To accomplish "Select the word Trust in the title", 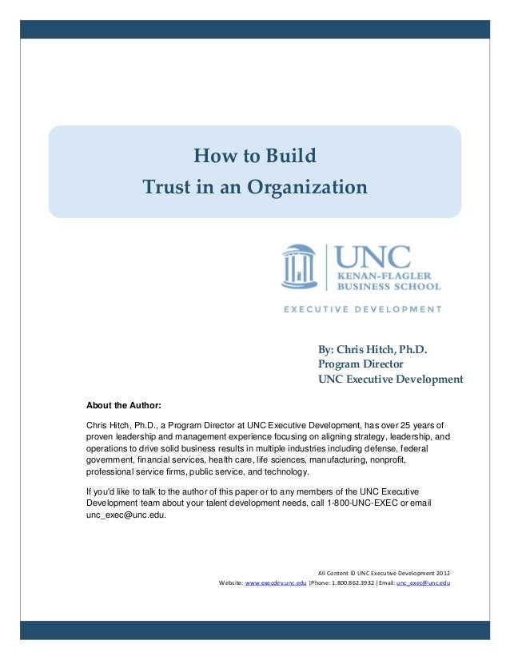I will pos(164,188).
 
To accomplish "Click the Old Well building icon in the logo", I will pos(297,267).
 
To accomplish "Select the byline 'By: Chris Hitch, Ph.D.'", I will pos(373,349).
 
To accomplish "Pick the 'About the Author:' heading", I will pos(123,404).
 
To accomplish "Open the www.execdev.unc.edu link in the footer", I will pos(276,583).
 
